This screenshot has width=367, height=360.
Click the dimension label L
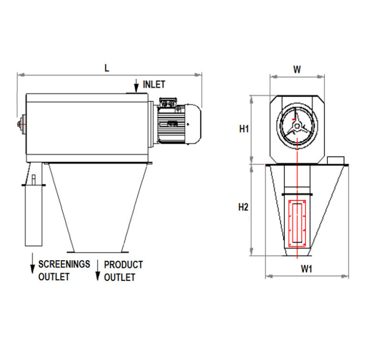click(107, 67)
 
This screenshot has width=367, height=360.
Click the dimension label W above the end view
click(297, 69)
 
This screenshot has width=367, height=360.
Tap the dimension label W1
click(306, 269)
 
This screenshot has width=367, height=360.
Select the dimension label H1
click(244, 129)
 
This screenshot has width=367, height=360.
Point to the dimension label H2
click(243, 207)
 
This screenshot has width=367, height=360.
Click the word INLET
click(154, 85)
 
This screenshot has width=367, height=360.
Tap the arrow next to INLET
click(135, 85)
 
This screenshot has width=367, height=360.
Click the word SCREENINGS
click(64, 264)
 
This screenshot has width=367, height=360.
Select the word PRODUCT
click(123, 265)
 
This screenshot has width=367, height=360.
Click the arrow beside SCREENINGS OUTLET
click(32, 264)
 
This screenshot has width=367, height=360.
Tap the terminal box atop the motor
click(168, 104)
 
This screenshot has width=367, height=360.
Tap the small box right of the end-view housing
click(336, 159)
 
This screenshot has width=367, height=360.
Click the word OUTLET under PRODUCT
click(119, 277)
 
